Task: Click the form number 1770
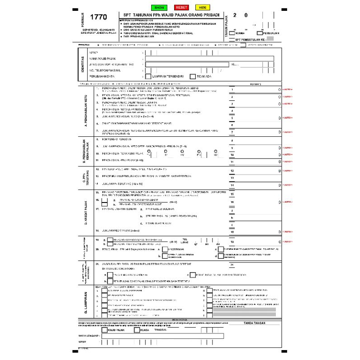pyautogui.click(x=99, y=18)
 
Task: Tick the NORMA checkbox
pyautogui.click(x=232, y=33)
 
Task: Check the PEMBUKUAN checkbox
pyautogui.click(x=260, y=33)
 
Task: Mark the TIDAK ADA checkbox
pyautogui.click(x=193, y=76)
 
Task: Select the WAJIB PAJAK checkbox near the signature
pyautogui.click(x=104, y=329)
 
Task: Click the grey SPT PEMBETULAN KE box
pyautogui.click(x=270, y=40)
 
